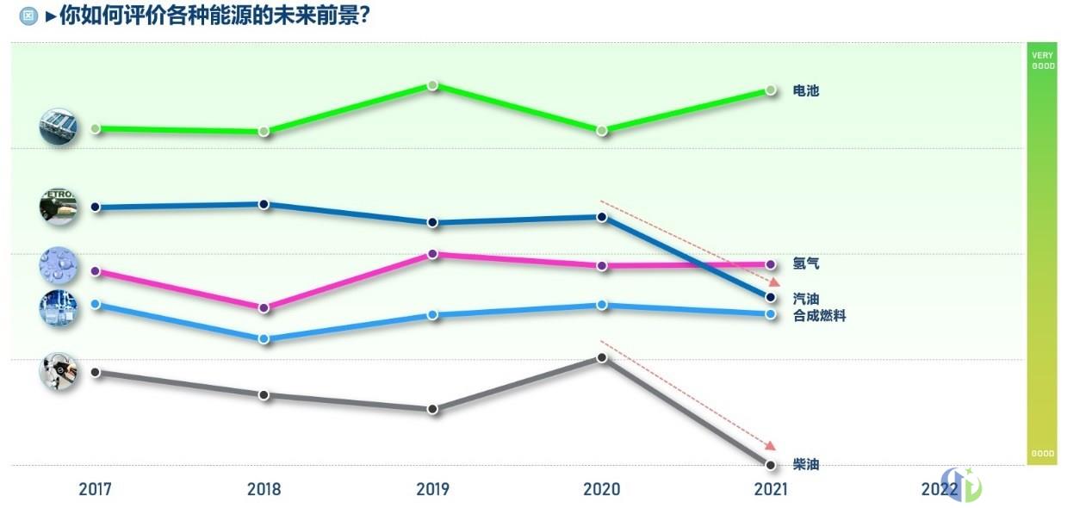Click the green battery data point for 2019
click(x=432, y=85)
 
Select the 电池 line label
click(x=806, y=90)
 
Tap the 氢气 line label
click(x=806, y=263)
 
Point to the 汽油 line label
click(x=806, y=299)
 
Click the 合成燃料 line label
click(x=819, y=316)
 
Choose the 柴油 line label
click(x=806, y=465)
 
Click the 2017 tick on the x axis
click(x=95, y=490)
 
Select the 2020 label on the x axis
click(x=601, y=490)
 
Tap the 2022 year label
click(x=939, y=490)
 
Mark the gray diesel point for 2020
click(x=602, y=357)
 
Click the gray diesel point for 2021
click(x=771, y=465)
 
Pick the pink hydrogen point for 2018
click(x=264, y=307)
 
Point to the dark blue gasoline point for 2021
click(x=771, y=298)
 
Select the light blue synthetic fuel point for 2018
click(x=264, y=338)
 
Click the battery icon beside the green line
click(x=59, y=127)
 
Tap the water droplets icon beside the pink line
click(x=59, y=266)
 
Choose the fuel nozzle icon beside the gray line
click(x=59, y=372)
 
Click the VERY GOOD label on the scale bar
click(x=1042, y=60)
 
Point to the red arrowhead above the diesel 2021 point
click(x=772, y=444)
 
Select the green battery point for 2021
click(x=771, y=90)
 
